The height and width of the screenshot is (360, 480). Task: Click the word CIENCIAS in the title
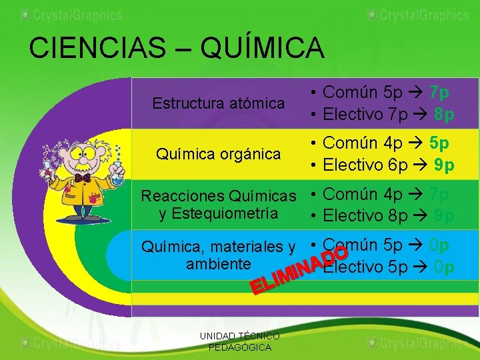click(97, 48)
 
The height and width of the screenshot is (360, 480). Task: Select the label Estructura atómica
click(219, 103)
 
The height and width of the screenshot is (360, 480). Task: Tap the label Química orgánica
click(218, 154)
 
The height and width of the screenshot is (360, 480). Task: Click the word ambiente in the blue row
click(219, 263)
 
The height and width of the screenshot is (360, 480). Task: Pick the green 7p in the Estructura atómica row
click(439, 92)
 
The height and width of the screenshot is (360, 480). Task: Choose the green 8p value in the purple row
click(444, 115)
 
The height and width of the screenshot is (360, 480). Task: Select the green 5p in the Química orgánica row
click(439, 143)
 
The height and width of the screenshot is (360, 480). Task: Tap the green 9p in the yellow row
click(444, 165)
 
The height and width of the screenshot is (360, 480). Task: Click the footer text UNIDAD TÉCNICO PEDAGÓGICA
click(240, 342)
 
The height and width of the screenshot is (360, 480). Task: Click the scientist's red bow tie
click(83, 179)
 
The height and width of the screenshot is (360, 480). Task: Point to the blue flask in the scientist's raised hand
click(118, 176)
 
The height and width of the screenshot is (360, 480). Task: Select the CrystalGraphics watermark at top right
click(418, 15)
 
